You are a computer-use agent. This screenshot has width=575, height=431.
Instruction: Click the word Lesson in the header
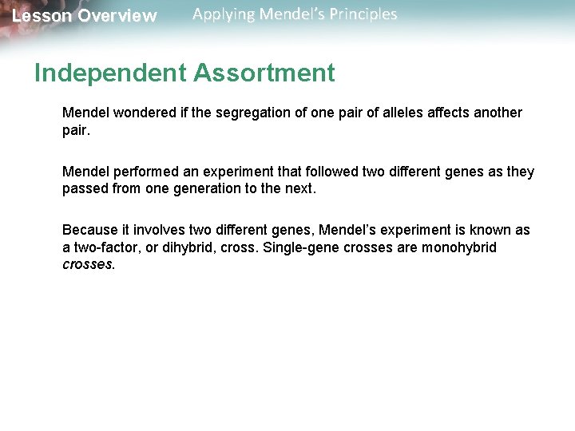[41, 16]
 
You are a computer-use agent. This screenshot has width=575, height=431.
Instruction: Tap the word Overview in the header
[117, 16]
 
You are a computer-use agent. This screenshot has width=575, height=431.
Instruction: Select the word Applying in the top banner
[224, 14]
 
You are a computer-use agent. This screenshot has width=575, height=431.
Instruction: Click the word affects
[451, 113]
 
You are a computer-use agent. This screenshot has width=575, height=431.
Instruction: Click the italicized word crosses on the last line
[88, 263]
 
